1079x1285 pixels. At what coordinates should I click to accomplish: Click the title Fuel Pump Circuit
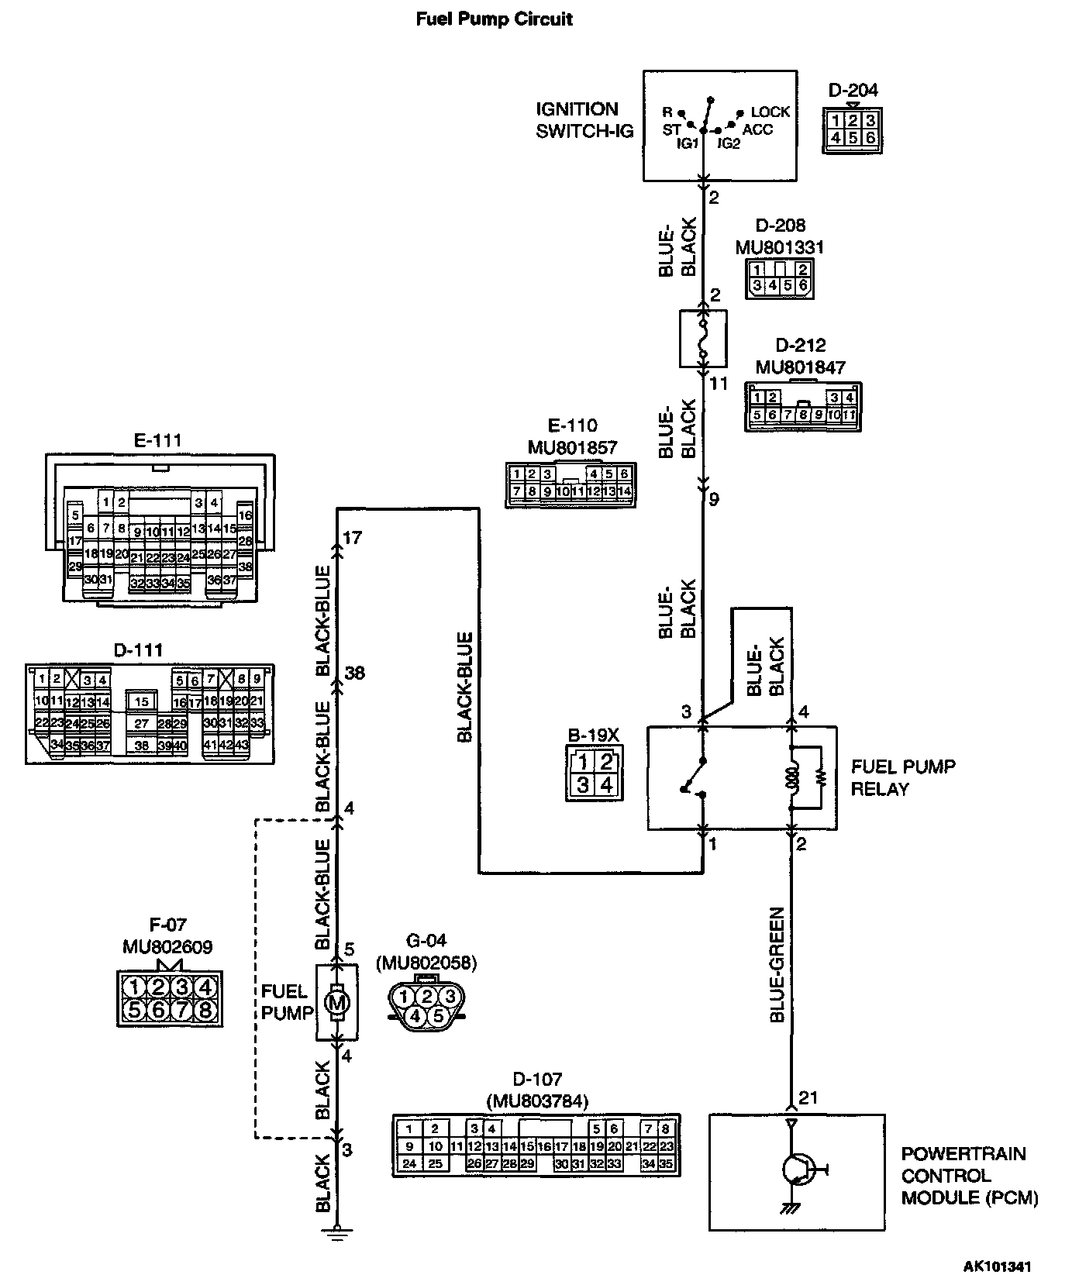(x=494, y=19)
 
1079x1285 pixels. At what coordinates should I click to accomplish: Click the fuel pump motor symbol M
(x=336, y=1003)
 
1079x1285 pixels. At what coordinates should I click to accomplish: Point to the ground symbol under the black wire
(x=336, y=1232)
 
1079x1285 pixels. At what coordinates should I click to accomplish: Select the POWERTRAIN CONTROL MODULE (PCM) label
(x=969, y=1176)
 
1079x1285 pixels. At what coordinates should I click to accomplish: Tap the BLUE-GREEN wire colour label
(x=778, y=964)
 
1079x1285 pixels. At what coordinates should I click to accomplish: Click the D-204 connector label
(x=853, y=90)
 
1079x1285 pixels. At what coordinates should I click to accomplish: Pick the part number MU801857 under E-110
(x=571, y=447)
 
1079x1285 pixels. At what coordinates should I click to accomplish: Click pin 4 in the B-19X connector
(x=606, y=784)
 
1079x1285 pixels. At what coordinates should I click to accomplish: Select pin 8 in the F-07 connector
(x=205, y=1010)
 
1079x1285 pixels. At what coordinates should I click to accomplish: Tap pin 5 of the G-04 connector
(x=438, y=1015)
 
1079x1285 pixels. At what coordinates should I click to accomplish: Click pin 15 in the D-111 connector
(x=141, y=701)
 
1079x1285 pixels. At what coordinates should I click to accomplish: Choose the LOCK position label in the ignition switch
(x=770, y=112)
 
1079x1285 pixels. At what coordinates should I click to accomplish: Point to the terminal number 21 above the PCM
(x=808, y=1097)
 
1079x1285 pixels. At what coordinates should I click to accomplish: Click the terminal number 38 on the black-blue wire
(x=354, y=673)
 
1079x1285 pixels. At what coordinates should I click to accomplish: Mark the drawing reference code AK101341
(x=998, y=1268)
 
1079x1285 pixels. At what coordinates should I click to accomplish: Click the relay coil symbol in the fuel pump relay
(x=791, y=777)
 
